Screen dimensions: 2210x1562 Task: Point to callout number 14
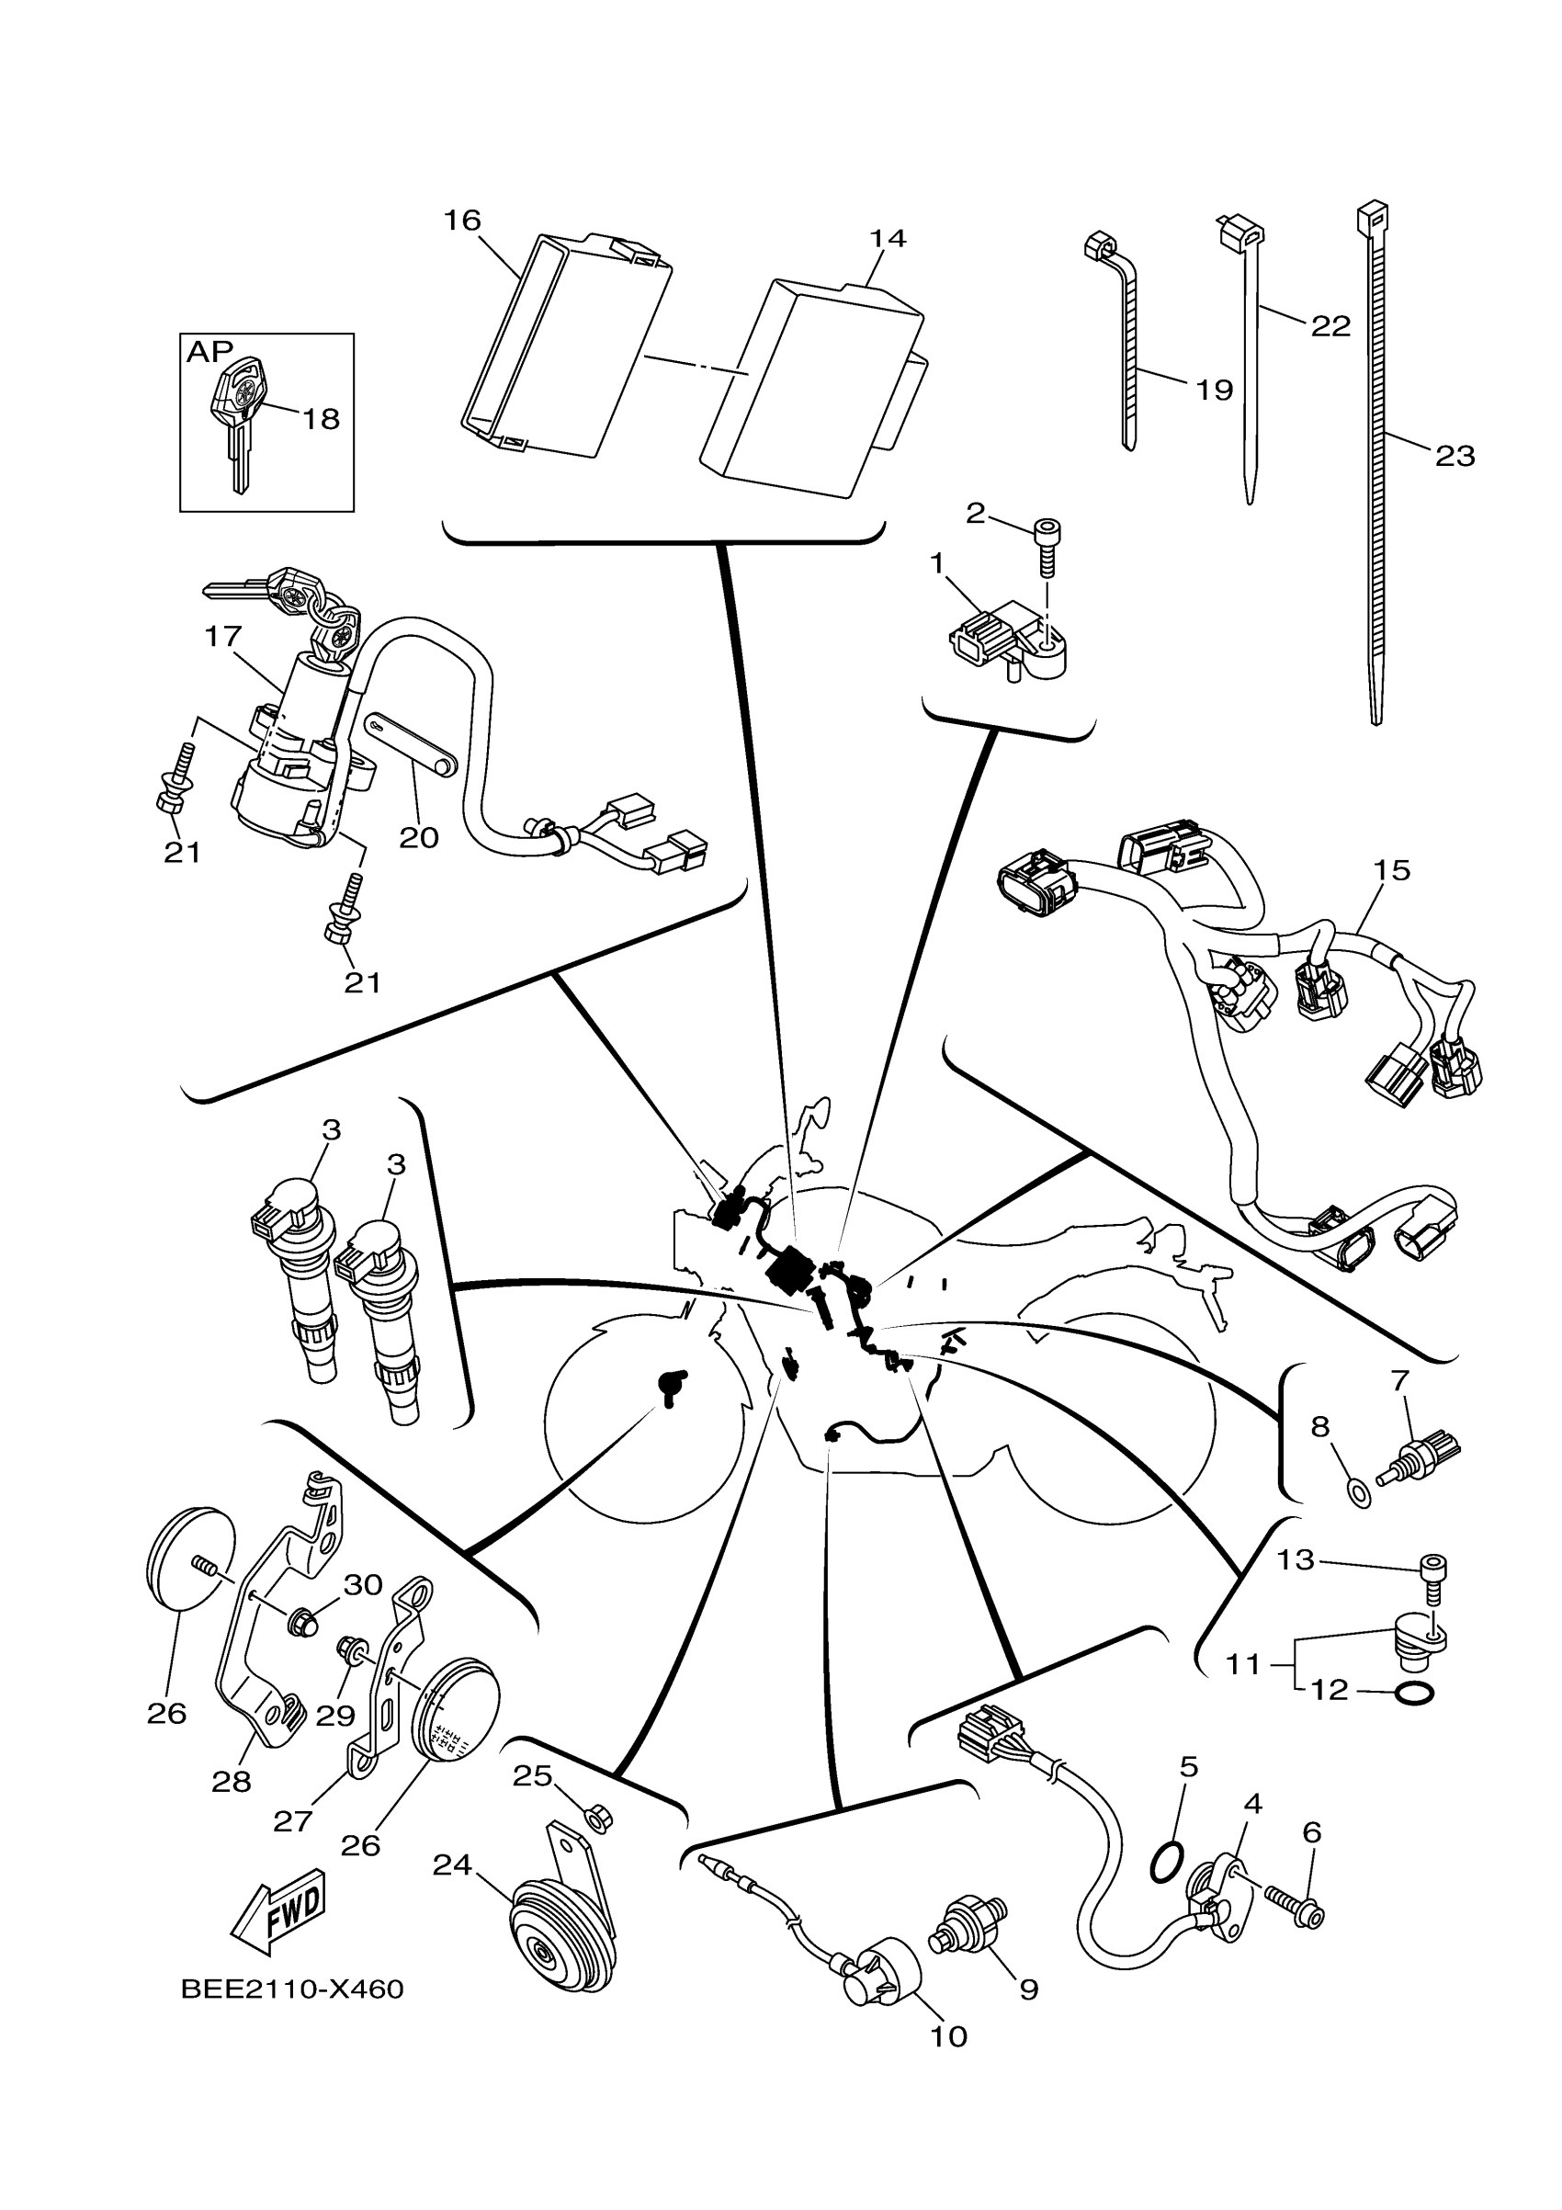point(888,238)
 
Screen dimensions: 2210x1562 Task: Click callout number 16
point(462,221)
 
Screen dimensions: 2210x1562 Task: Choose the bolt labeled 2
point(1047,543)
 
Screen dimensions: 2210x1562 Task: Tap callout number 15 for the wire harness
point(1392,870)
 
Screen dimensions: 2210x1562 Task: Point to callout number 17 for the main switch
point(222,636)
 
